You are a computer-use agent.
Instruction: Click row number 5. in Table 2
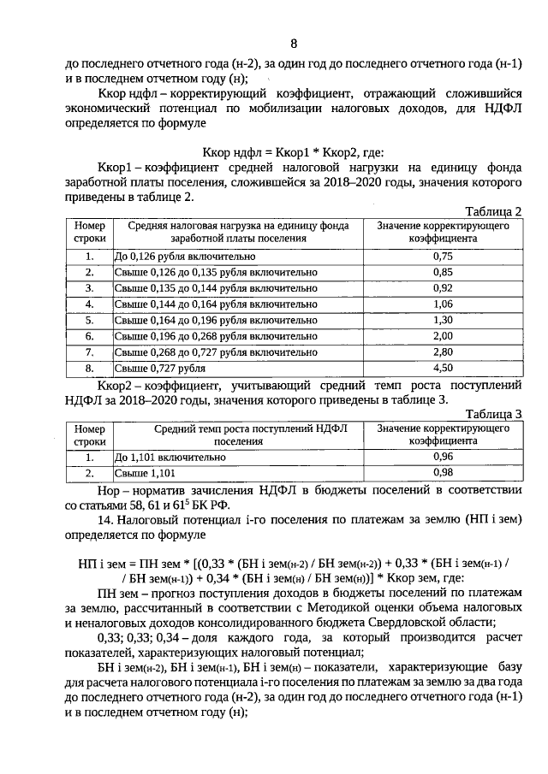click(x=89, y=320)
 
